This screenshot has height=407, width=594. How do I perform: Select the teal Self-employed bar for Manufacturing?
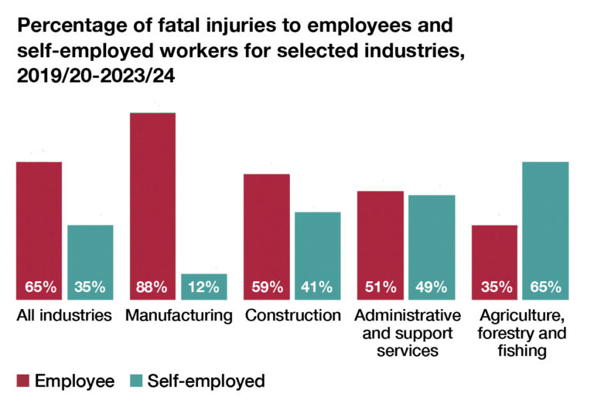pyautogui.click(x=204, y=279)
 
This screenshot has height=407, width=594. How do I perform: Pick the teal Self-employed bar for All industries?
pyautogui.click(x=90, y=255)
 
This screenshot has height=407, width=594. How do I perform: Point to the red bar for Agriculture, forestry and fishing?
pyautogui.click(x=494, y=255)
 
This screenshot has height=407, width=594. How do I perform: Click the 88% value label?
pyautogui.click(x=152, y=287)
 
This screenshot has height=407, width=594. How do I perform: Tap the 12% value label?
pyautogui.click(x=204, y=287)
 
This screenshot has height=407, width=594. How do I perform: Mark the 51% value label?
pyautogui.click(x=380, y=287)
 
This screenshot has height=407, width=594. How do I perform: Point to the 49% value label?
pyautogui.click(x=431, y=287)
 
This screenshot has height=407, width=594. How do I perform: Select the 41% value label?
pyautogui.click(x=318, y=287)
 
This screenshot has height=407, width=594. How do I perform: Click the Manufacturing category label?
pyautogui.click(x=178, y=315)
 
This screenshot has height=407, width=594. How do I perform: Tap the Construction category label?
pyautogui.click(x=292, y=315)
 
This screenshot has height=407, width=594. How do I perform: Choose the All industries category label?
pyautogui.click(x=64, y=315)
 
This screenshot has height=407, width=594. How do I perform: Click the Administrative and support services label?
pyautogui.click(x=406, y=333)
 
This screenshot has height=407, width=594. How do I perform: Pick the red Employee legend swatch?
pyautogui.click(x=23, y=381)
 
